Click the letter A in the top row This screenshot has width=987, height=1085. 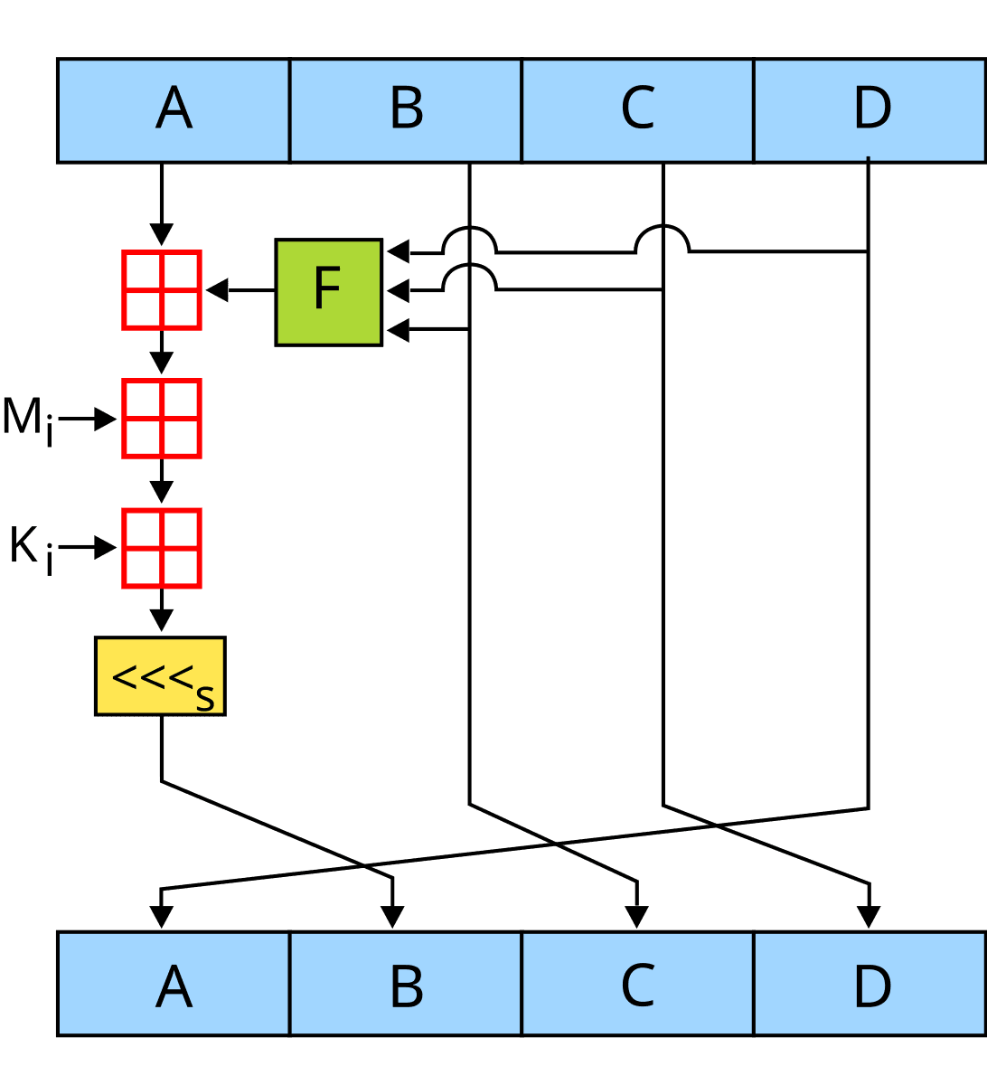(174, 108)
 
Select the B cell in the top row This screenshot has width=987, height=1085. (406, 109)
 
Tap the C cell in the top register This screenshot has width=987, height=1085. (637, 109)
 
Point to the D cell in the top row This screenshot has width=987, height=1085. (871, 109)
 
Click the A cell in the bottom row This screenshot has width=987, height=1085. (174, 985)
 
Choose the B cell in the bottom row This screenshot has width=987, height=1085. (406, 985)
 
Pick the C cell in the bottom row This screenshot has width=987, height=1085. (637, 985)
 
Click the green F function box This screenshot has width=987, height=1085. (328, 292)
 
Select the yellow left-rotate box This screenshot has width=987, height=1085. (160, 677)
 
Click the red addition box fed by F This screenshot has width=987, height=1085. (161, 290)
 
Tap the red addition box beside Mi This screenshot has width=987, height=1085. (161, 419)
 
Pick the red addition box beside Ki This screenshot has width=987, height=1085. (161, 548)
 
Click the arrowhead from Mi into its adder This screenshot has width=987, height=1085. (108, 420)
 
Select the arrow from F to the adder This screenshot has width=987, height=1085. (239, 291)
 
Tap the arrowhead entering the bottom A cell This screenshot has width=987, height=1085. (161, 919)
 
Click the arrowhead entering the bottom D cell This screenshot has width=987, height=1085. (869, 919)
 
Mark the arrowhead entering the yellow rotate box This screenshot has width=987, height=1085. (161, 621)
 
